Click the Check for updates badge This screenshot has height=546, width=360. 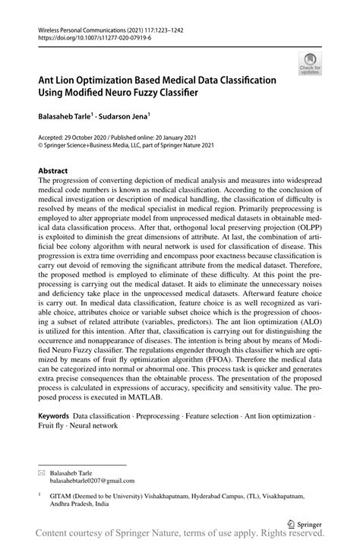309,64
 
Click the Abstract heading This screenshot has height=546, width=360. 53,171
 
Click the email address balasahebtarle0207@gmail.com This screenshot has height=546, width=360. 92,480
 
